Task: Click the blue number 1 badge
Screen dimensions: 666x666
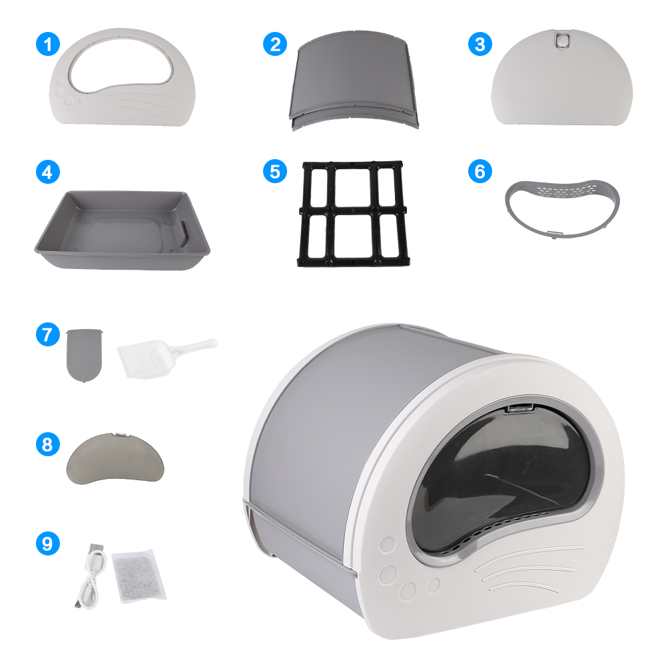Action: tap(47, 45)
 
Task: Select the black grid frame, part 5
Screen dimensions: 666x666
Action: tap(352, 213)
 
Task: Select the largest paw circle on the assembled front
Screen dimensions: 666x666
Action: tap(388, 574)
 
